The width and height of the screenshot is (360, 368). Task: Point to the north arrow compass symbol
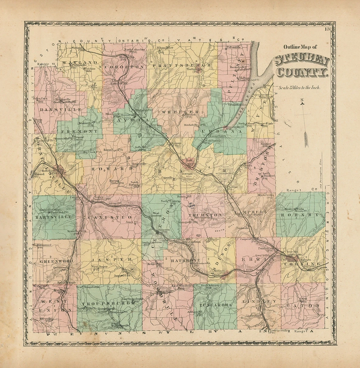pyautogui.click(x=306, y=122)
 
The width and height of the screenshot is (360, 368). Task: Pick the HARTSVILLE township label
pyautogui.click(x=53, y=217)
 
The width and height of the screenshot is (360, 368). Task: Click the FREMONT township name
pyautogui.click(x=80, y=131)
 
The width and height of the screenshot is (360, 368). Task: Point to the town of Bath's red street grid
pyautogui.click(x=190, y=166)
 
